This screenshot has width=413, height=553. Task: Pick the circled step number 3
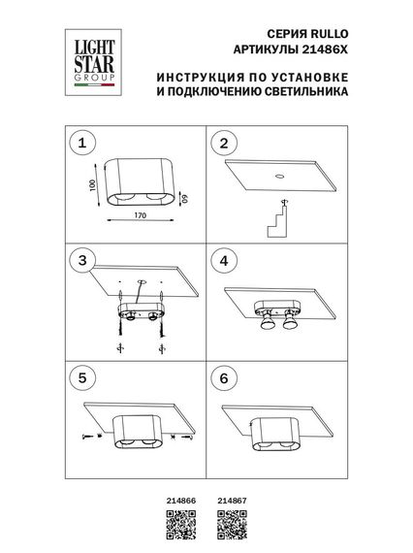point(83,261)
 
